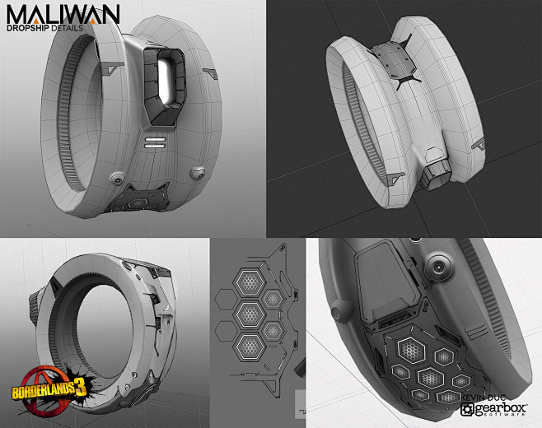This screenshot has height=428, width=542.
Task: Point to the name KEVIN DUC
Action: click(x=480, y=396)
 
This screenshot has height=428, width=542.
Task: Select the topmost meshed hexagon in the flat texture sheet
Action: click(x=245, y=283)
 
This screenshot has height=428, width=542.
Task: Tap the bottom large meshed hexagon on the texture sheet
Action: click(x=245, y=343)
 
